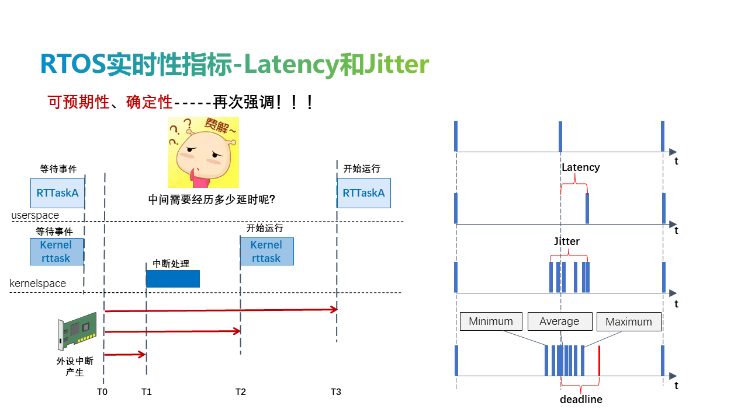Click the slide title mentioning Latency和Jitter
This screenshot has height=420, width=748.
[x=234, y=64]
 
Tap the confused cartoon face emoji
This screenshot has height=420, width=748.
[x=203, y=152]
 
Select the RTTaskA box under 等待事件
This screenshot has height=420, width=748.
[x=57, y=193]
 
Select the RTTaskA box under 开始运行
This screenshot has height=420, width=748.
[x=363, y=193]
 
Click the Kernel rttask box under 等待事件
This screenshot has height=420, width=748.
[x=56, y=251]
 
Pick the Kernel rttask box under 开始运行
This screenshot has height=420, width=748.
[x=266, y=251]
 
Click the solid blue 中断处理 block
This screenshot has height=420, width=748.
[x=173, y=279]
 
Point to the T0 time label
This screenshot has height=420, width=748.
[x=102, y=392]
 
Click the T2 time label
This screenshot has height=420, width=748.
[x=241, y=392]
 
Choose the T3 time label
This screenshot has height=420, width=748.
[x=335, y=392]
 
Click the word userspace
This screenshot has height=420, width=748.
[x=35, y=215]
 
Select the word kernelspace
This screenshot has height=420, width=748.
[x=38, y=283]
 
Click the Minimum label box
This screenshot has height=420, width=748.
[x=491, y=321]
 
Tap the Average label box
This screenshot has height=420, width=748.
[x=559, y=321]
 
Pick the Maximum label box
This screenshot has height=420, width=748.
[x=628, y=322]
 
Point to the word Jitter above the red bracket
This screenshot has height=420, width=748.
[x=566, y=241]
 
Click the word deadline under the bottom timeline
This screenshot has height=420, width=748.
[x=581, y=400]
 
